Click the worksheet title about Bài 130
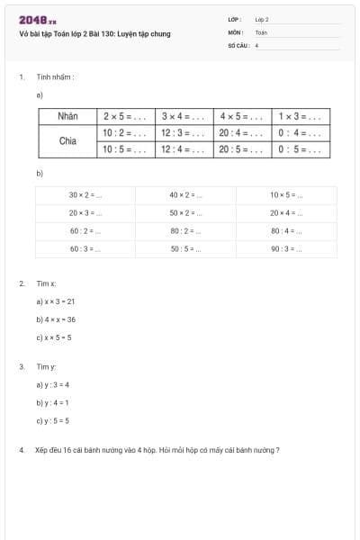coord(94,34)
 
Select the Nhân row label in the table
coord(67,116)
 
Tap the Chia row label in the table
coord(67,140)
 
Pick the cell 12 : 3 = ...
coord(183,132)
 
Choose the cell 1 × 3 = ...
coord(300,116)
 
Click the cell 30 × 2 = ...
coord(85,194)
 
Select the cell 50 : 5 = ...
coord(185,248)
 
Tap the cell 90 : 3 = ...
coord(286,248)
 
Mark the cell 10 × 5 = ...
coord(286,194)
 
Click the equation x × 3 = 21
coord(56,301)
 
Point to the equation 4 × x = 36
coord(56,319)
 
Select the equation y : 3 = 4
coord(53,384)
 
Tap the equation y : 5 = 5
coord(53,420)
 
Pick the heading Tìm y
coord(47,366)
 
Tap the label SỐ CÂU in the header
coord(237,44)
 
